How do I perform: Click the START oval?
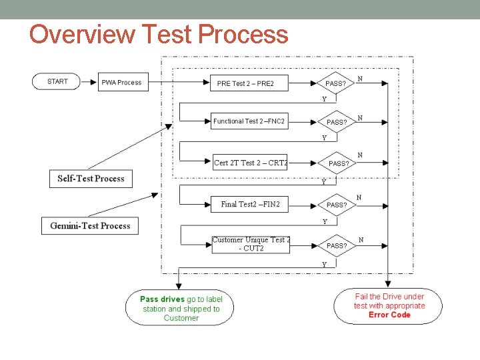pyautogui.click(x=58, y=81)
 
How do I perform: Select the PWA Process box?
pyautogui.click(x=121, y=83)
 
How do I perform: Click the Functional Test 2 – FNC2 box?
pyautogui.click(x=249, y=121)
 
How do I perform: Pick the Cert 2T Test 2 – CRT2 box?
pyautogui.click(x=250, y=163)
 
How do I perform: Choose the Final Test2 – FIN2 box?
pyautogui.click(x=250, y=204)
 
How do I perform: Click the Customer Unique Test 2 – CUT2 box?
pyautogui.click(x=251, y=244)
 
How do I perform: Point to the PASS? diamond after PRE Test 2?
pyautogui.click(x=336, y=83)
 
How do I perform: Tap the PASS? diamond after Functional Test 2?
pyautogui.click(x=337, y=122)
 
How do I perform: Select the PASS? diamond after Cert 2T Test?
pyautogui.click(x=338, y=163)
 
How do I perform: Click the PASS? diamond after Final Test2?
pyautogui.click(x=337, y=205)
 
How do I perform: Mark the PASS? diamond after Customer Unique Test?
pyautogui.click(x=337, y=245)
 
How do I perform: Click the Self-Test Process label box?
pyautogui.click(x=91, y=179)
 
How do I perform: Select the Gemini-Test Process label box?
pyautogui.click(x=90, y=226)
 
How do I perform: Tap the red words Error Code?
pyautogui.click(x=389, y=315)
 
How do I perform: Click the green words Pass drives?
pyautogui.click(x=162, y=299)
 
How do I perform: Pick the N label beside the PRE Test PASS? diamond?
pyautogui.click(x=360, y=79)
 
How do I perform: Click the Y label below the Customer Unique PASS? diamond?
pyautogui.click(x=325, y=264)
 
